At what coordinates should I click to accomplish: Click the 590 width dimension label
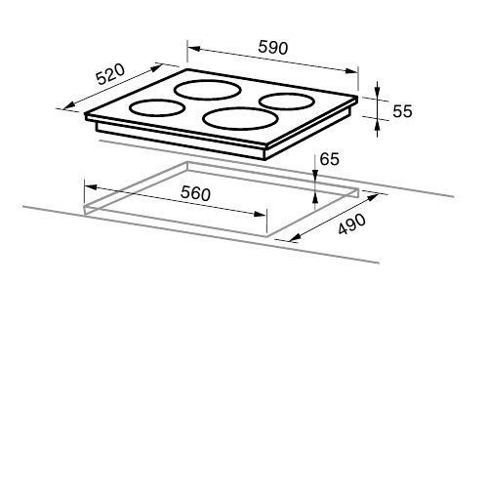coord(273,48)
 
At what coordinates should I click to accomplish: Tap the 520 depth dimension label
coord(110,74)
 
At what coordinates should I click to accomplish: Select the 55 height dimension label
coord(402,111)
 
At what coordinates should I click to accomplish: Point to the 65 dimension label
coord(329,159)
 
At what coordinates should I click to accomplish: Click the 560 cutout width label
coord(195,193)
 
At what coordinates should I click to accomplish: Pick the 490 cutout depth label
coord(352,224)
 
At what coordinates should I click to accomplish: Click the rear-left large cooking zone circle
coord(208,90)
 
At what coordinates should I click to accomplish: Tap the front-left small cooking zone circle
coord(156,107)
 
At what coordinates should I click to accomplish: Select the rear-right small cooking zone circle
coord(287,101)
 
